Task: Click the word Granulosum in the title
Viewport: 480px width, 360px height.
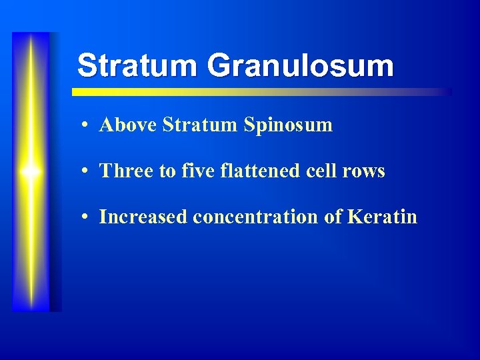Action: (300, 66)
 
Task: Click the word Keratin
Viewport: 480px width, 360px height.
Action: (387, 217)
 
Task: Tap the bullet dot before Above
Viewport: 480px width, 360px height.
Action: (87, 125)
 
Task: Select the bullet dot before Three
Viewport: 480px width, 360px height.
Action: (87, 171)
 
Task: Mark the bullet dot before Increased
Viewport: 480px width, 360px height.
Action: (87, 217)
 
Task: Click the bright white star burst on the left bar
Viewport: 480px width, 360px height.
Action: (31, 172)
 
